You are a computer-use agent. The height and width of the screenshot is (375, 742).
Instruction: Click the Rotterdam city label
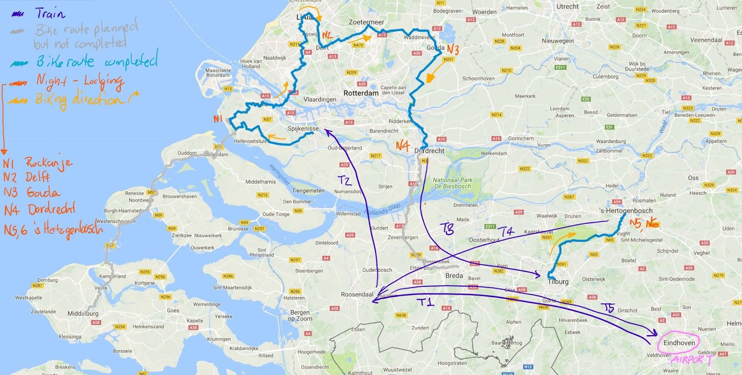[x=361, y=93]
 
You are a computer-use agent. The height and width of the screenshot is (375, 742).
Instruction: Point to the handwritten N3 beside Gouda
[x=453, y=49]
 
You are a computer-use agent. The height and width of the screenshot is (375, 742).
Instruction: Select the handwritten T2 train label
[x=344, y=180]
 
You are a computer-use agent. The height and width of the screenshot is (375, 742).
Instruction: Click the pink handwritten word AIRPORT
[x=691, y=360]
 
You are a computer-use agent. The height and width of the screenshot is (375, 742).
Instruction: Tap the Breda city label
[x=454, y=275]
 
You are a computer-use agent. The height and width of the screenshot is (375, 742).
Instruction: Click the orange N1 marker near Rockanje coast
[x=218, y=119]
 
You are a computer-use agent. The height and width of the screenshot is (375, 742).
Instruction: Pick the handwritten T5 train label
[x=608, y=308]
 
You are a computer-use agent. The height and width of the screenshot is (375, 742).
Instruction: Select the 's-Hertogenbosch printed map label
[x=626, y=210]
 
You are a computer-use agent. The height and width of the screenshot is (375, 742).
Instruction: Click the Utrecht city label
[x=567, y=6]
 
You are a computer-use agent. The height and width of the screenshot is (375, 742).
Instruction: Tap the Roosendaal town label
[x=357, y=294]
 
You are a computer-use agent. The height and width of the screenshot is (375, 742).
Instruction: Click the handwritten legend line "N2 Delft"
[x=26, y=177]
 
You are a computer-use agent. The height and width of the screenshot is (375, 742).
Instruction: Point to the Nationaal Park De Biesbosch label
[x=452, y=183]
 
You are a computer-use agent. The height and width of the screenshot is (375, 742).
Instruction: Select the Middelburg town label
[x=83, y=313]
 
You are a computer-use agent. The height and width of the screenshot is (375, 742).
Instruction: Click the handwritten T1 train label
[x=426, y=302]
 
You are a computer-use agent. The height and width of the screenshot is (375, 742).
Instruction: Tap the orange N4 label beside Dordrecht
[x=403, y=146]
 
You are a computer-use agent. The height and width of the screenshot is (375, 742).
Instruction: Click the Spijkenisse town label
[x=303, y=128]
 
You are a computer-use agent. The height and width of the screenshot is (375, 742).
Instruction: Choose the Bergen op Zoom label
[x=300, y=315]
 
